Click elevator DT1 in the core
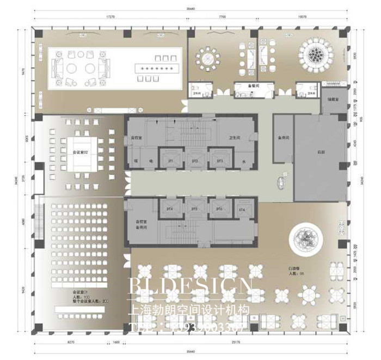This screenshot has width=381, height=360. (170, 161)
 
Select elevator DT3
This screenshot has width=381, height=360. (220, 161)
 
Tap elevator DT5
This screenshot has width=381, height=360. (194, 209)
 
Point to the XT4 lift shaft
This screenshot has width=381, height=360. (242, 209)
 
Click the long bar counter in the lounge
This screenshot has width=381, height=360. (157, 68)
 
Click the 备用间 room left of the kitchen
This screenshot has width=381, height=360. (282, 138)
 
